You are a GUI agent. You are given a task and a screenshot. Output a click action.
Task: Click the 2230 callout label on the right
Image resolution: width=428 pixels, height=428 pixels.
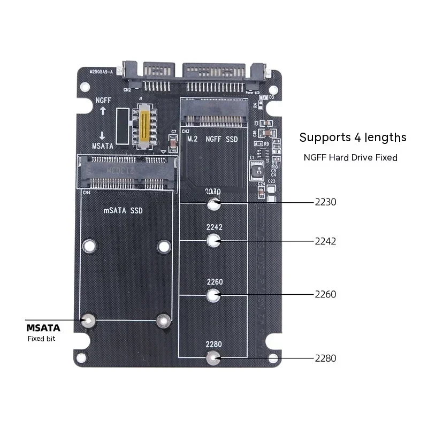325,202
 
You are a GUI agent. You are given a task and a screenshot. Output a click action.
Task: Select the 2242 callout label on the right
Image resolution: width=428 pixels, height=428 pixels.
325,241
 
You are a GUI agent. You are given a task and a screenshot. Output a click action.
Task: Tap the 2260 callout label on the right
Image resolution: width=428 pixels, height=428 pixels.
325,294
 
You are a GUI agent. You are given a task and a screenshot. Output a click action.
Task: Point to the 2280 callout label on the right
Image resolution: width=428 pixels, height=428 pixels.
325,358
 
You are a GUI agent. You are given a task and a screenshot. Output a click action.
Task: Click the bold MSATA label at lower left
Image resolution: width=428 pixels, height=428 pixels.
43,327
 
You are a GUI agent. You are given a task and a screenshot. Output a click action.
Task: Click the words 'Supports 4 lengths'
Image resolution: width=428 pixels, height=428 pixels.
353,137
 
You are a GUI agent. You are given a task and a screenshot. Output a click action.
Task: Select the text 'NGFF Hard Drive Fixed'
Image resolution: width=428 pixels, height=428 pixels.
350,157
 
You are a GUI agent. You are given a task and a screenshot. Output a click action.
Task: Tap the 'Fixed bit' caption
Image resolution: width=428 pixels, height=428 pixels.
41,339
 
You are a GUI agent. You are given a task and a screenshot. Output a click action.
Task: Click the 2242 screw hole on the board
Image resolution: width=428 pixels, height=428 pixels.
214,241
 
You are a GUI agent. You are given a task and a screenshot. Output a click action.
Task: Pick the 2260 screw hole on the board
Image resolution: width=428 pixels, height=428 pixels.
213,294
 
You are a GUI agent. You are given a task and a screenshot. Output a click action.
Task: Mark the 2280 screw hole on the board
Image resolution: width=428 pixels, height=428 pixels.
213,358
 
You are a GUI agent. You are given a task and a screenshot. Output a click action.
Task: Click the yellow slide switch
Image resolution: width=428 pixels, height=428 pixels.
143,127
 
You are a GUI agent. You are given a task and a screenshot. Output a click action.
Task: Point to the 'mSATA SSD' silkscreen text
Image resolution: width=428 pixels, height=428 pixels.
123,211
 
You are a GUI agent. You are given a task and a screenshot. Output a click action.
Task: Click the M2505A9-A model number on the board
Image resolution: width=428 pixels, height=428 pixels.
101,71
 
